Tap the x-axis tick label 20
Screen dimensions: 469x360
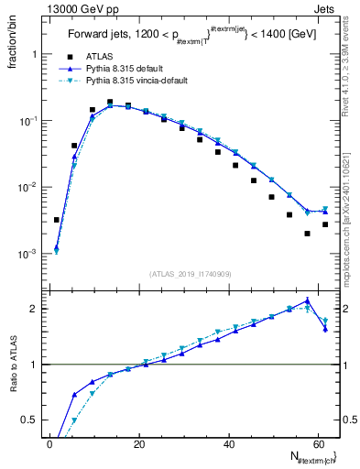pos(139,443)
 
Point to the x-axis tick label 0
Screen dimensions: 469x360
pos(50,443)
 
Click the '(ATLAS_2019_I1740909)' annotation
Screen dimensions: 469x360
pos(191,274)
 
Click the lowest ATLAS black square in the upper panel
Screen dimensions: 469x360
pos(308,234)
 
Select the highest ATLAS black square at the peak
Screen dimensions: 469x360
pos(110,103)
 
